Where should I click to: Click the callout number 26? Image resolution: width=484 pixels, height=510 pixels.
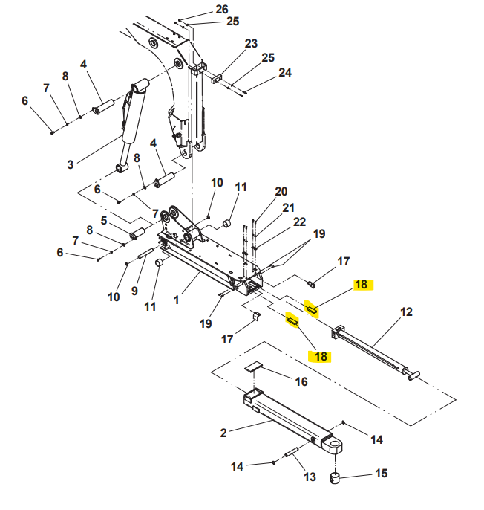tap(222, 10)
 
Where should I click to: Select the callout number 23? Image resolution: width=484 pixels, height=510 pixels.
tap(251, 43)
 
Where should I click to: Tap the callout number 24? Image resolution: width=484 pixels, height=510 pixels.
tap(285, 73)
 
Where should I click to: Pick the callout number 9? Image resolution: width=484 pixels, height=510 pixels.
tap(134, 290)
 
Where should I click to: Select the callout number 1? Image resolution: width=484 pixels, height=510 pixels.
tap(176, 300)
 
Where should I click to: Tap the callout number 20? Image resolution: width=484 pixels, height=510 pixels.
tap(281, 192)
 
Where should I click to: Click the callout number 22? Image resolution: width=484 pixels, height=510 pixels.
tap(299, 222)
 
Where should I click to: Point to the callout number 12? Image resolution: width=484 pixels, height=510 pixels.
tap(406, 312)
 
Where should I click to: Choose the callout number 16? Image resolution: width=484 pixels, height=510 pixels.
tap(301, 381)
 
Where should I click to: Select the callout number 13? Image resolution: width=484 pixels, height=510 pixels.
tap(310, 476)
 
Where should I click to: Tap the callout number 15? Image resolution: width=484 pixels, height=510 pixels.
tap(381, 473)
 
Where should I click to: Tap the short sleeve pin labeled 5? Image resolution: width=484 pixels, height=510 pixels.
tap(137, 235)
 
